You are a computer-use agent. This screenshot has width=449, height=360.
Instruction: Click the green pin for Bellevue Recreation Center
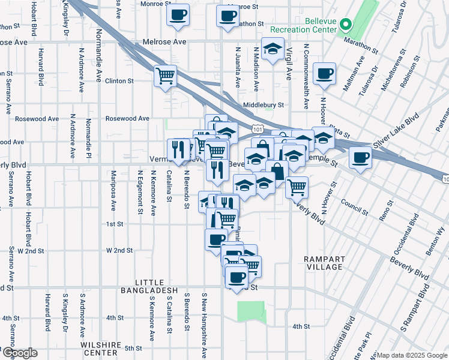[346, 25]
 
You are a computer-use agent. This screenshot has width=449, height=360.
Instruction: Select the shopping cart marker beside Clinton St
[165, 76]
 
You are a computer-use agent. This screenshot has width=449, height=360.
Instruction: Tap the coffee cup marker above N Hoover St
[324, 73]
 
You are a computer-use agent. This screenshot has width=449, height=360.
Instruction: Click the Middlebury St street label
[263, 105]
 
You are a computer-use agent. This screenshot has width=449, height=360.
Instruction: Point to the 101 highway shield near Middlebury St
[258, 128]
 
